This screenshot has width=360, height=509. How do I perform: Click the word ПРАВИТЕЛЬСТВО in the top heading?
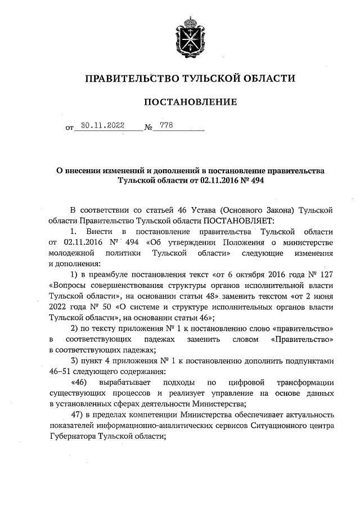point(127,78)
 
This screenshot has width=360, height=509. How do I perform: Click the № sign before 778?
point(149,128)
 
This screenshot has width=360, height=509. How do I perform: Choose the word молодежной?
point(73,253)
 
